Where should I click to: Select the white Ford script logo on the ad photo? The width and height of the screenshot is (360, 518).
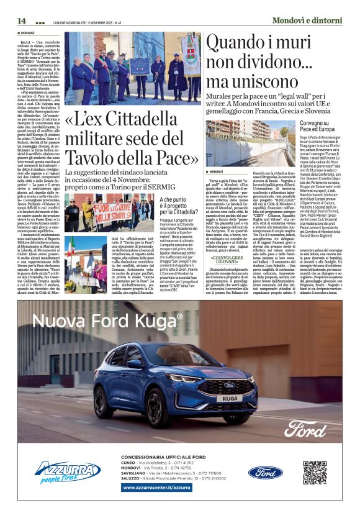click(x=313, y=428)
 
